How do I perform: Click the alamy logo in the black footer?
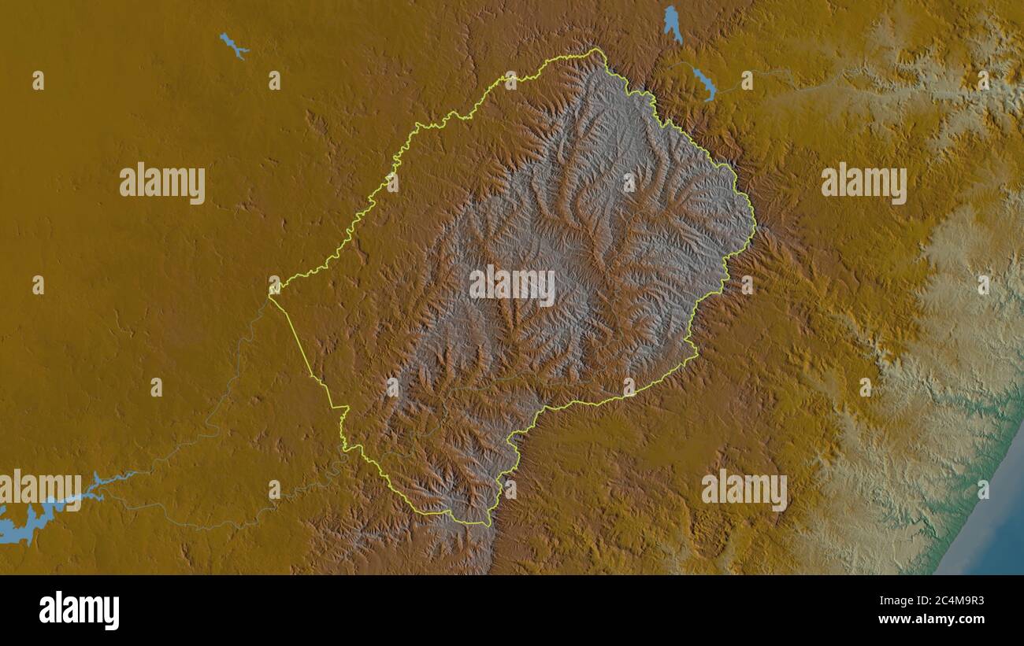click(x=79, y=611)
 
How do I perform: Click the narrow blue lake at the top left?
click(x=233, y=46)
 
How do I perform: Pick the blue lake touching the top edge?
click(x=672, y=21)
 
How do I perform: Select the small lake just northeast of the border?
click(x=704, y=83)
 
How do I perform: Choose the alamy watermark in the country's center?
click(x=512, y=286)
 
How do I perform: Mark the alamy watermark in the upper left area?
click(x=162, y=183)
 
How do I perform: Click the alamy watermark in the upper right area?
click(x=863, y=183)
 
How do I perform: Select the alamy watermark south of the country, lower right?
click(x=744, y=489)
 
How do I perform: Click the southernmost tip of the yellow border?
click(x=488, y=525)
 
